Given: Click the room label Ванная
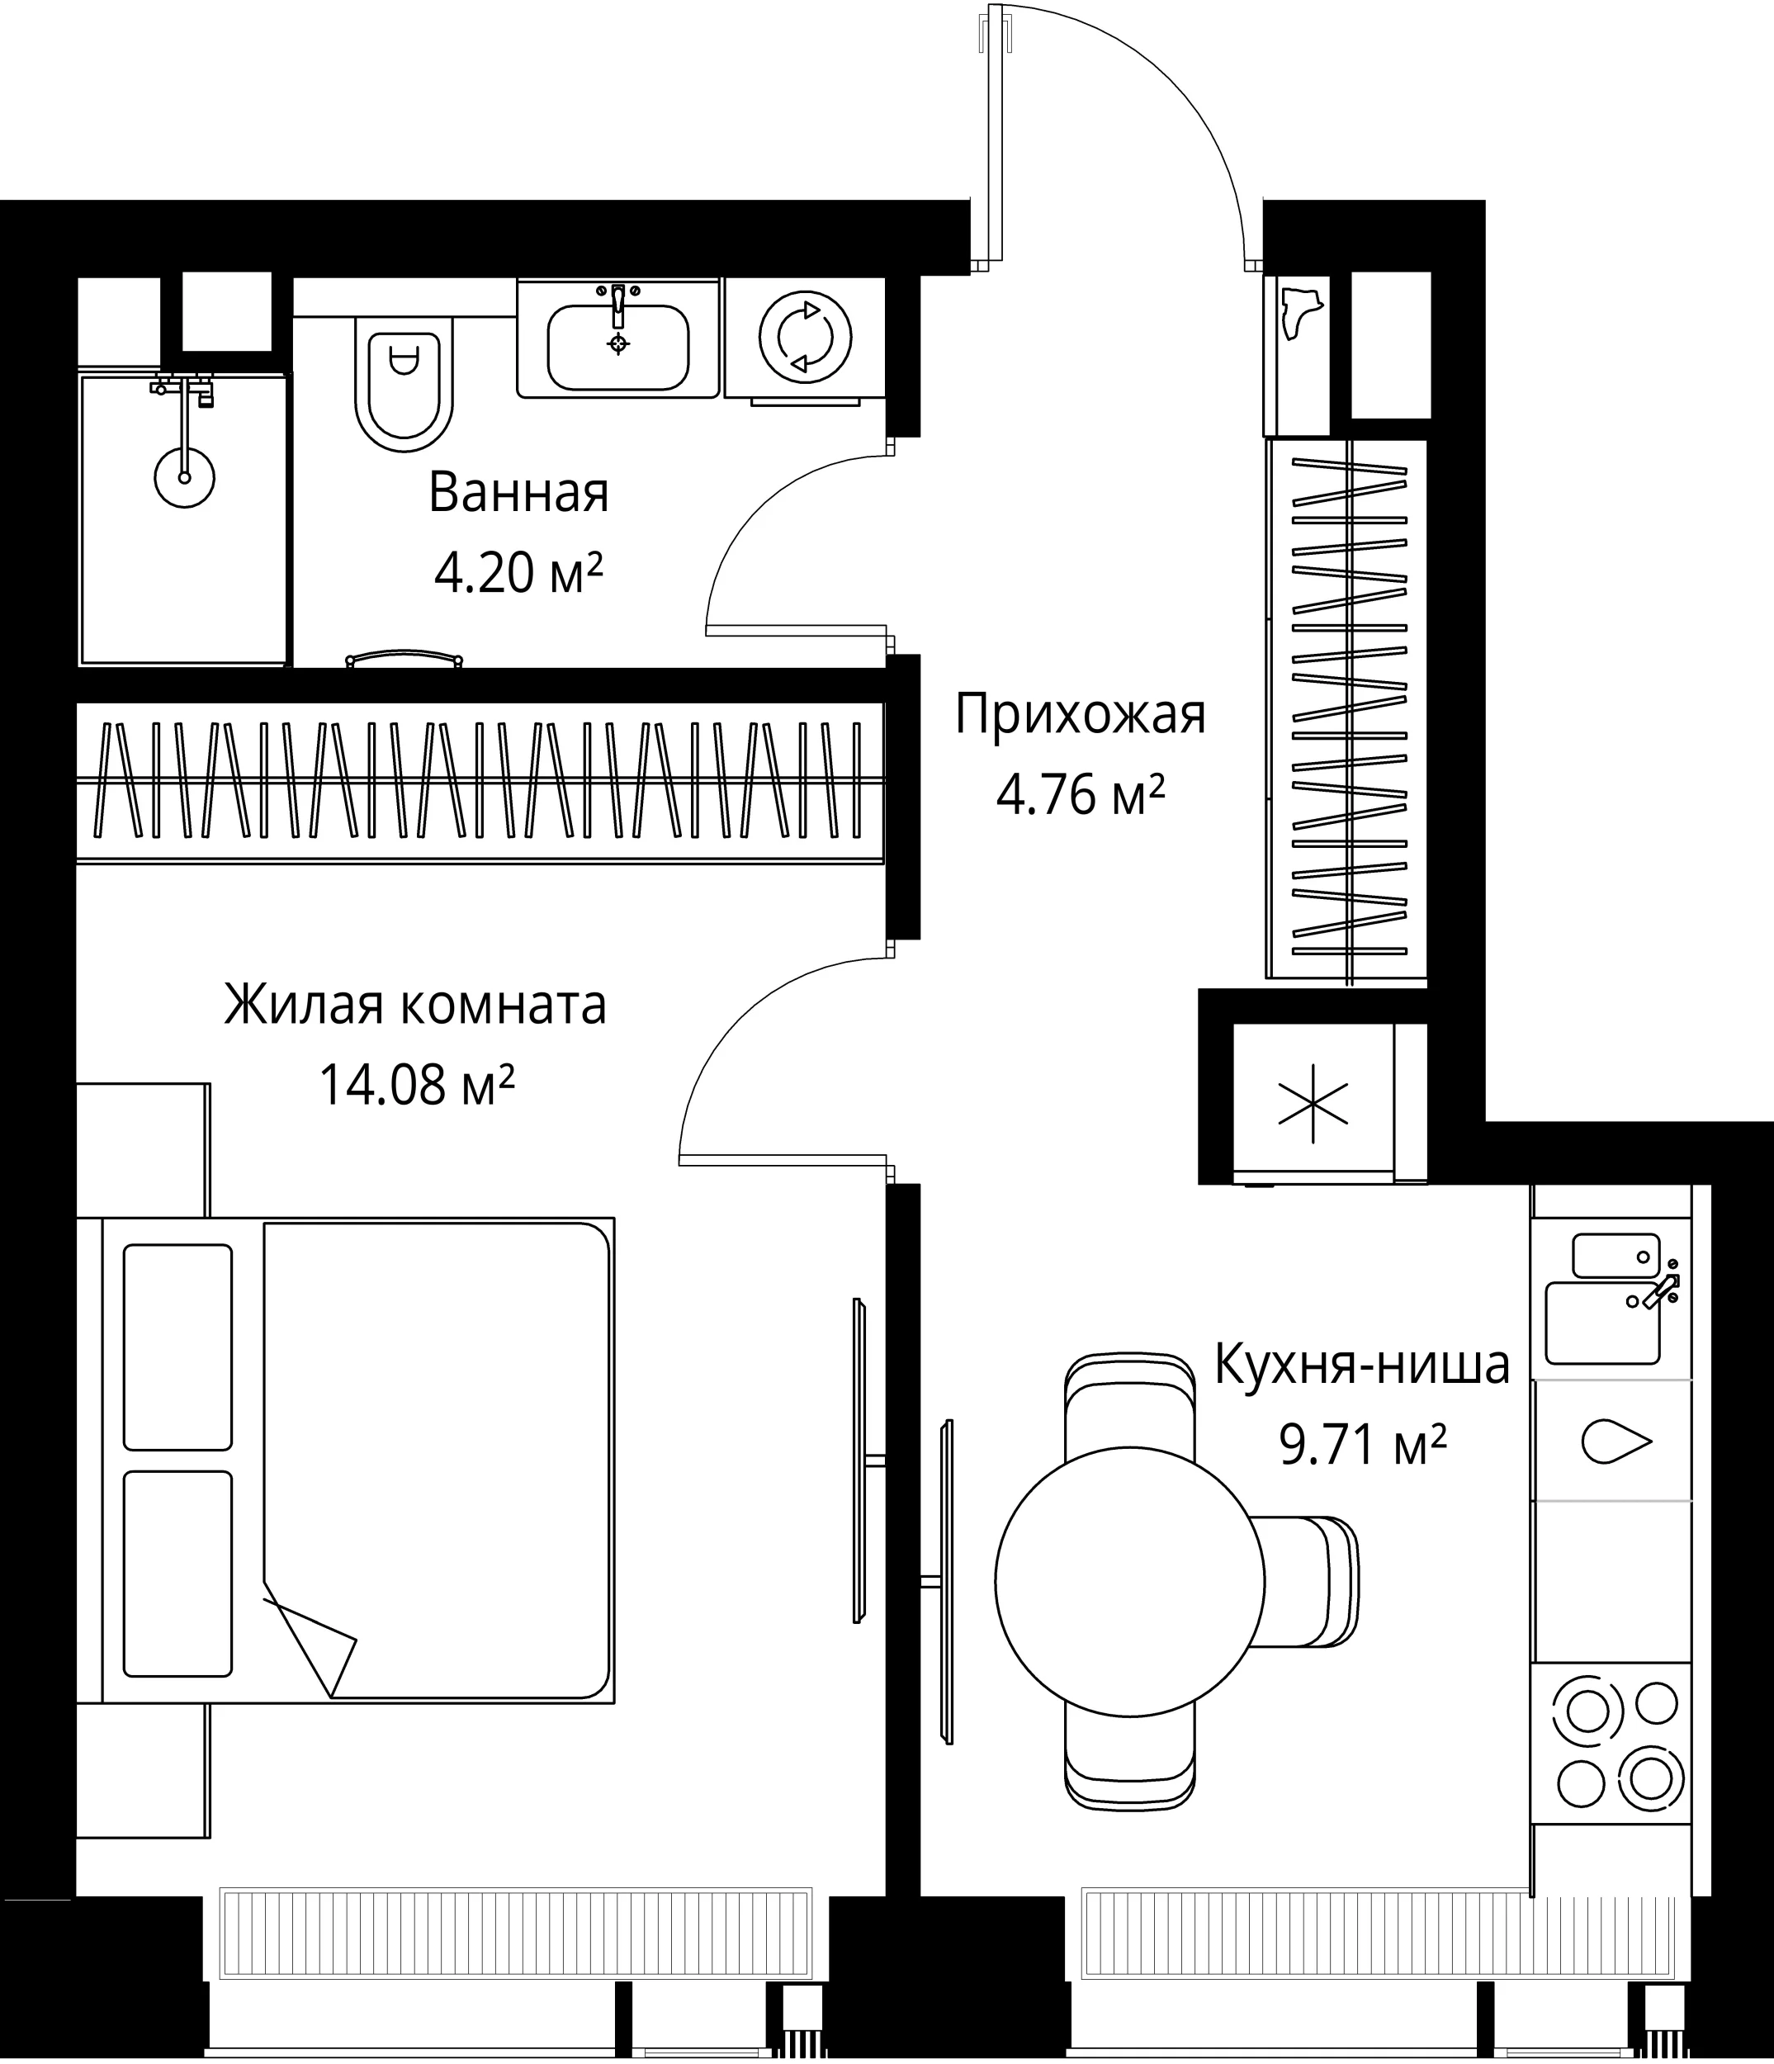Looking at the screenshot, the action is coord(518,493).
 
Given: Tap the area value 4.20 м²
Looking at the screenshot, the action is coord(519,573).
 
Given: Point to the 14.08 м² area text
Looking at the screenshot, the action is coord(416,1085).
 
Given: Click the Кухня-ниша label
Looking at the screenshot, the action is coord(1361,1366).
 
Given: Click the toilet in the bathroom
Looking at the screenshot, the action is coord(404,384).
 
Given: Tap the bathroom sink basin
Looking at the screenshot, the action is coord(617,346).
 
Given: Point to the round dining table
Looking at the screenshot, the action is coord(1129,1581).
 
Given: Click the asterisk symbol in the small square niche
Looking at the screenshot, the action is coord(1313,1104).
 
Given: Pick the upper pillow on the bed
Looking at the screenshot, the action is coord(178,1347).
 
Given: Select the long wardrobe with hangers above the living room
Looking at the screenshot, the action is coord(480,782).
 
